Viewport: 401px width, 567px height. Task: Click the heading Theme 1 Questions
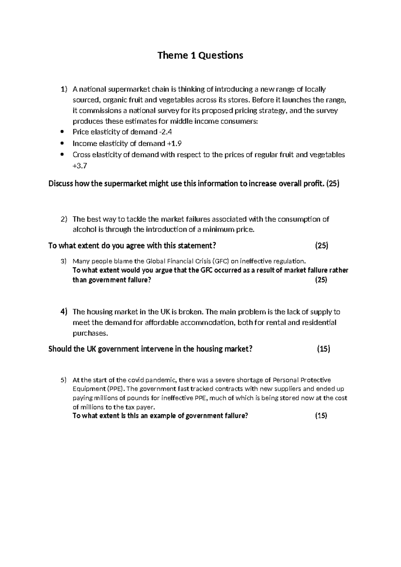(x=200, y=55)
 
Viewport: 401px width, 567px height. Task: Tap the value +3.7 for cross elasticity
(x=80, y=165)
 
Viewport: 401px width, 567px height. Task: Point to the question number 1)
(x=63, y=89)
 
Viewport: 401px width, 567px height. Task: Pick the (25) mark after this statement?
(x=321, y=246)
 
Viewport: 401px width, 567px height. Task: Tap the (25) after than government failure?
(x=321, y=280)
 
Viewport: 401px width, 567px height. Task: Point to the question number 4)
(x=63, y=312)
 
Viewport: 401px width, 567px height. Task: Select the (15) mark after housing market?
(x=323, y=349)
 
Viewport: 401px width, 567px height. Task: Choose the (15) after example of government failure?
(x=321, y=416)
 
